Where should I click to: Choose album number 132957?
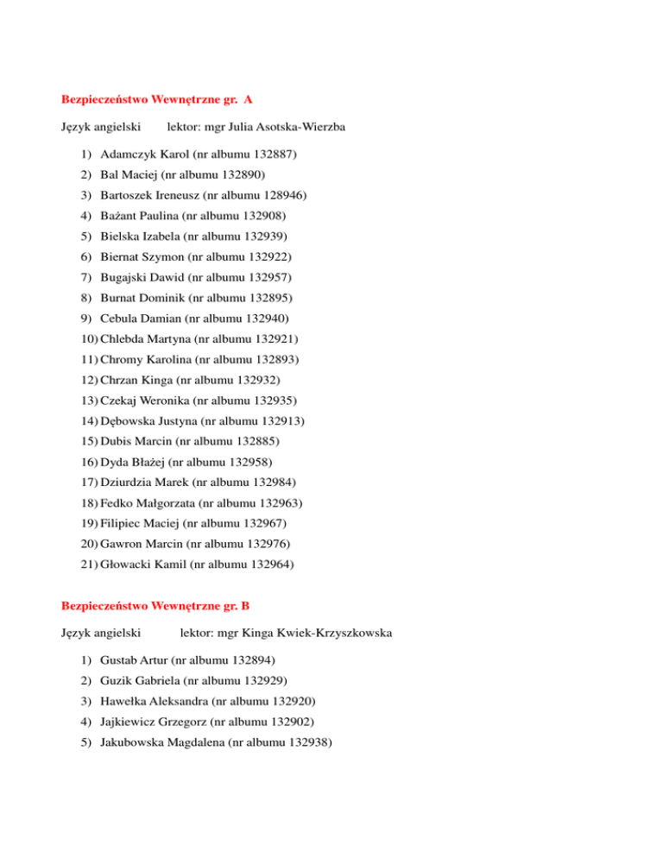coord(268,277)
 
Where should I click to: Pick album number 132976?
coord(268,544)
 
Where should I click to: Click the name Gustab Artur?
coord(134,661)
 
